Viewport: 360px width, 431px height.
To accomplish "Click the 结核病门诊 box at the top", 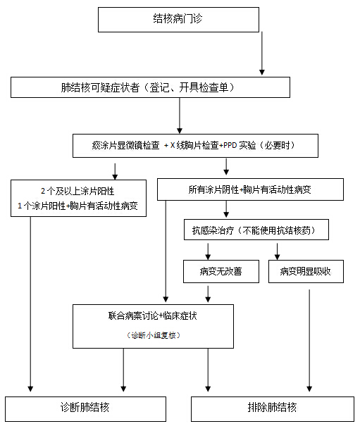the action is [178, 20].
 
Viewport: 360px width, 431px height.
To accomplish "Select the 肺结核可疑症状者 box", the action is [151, 87].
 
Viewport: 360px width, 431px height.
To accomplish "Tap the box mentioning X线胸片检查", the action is [195, 146].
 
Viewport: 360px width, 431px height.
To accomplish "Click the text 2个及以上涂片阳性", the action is [77, 191].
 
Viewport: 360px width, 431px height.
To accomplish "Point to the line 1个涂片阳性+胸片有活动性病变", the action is [77, 206].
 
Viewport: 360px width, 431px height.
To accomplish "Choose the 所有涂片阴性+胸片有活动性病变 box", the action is [250, 189].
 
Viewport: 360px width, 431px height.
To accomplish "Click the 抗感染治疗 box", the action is [256, 230].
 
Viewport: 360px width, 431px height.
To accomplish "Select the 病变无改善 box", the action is [221, 272].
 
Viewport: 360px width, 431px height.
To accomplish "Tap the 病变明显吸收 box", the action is [306, 272].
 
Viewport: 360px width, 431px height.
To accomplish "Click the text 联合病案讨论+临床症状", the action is [153, 316].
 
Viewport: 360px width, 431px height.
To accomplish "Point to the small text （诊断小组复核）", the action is [154, 335].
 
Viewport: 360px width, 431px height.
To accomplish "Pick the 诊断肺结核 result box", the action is [85, 409].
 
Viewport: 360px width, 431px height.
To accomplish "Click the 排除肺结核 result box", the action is [273, 409].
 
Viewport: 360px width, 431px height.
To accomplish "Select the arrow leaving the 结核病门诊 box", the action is [262, 54].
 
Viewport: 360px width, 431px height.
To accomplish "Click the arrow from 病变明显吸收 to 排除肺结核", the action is [309, 341].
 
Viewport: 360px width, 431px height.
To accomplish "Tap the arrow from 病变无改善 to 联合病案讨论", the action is [208, 294].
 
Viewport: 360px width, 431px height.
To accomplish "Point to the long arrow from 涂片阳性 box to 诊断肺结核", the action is [30, 304].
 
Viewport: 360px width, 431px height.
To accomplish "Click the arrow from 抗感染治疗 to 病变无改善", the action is [208, 251].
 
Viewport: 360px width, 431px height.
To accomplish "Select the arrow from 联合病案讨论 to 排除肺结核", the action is [208, 370].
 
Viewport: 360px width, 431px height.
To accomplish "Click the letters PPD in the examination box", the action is [230, 145].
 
